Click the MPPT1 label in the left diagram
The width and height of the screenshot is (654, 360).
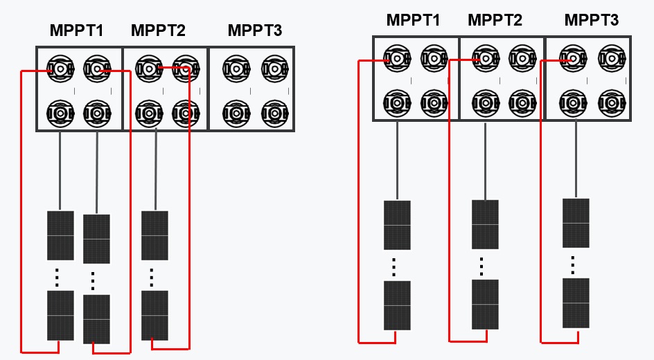point(76,30)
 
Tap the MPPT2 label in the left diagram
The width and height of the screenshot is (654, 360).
point(158,30)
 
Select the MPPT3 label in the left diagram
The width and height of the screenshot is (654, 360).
point(255,30)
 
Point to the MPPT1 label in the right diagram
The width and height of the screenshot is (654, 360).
point(413,20)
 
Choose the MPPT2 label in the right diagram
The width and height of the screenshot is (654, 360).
point(495,20)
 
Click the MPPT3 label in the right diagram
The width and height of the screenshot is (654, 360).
point(591,20)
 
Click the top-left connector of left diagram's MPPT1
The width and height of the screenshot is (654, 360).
point(60,69)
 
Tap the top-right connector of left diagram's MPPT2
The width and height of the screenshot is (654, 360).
point(185,69)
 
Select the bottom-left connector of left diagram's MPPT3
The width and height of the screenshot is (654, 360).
point(237,112)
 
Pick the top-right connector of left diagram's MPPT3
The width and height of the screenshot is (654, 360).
point(274,69)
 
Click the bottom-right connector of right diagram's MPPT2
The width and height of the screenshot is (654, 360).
point(522,102)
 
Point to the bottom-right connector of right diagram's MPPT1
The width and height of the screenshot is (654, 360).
point(434,102)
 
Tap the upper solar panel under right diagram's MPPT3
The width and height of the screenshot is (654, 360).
point(576,223)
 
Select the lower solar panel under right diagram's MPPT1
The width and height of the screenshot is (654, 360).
point(397,305)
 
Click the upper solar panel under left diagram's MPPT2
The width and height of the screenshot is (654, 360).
point(154,235)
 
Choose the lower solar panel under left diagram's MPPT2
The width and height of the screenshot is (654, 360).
point(154,315)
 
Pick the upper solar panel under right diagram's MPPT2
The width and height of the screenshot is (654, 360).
point(485,224)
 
